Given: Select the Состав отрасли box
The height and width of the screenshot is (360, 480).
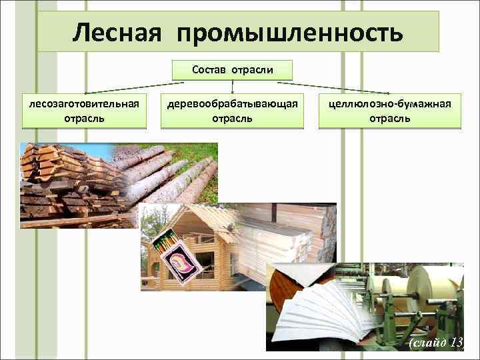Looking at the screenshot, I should [x=232, y=69].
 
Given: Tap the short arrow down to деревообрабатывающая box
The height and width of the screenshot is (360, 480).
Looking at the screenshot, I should [x=232, y=86].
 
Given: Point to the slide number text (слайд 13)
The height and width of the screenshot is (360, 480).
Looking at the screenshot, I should [x=436, y=342].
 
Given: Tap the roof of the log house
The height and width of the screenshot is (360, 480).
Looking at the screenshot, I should [x=193, y=220].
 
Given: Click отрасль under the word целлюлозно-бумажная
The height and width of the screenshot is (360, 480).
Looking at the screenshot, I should [x=390, y=119].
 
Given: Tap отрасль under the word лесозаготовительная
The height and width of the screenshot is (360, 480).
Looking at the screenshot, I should [x=83, y=119].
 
